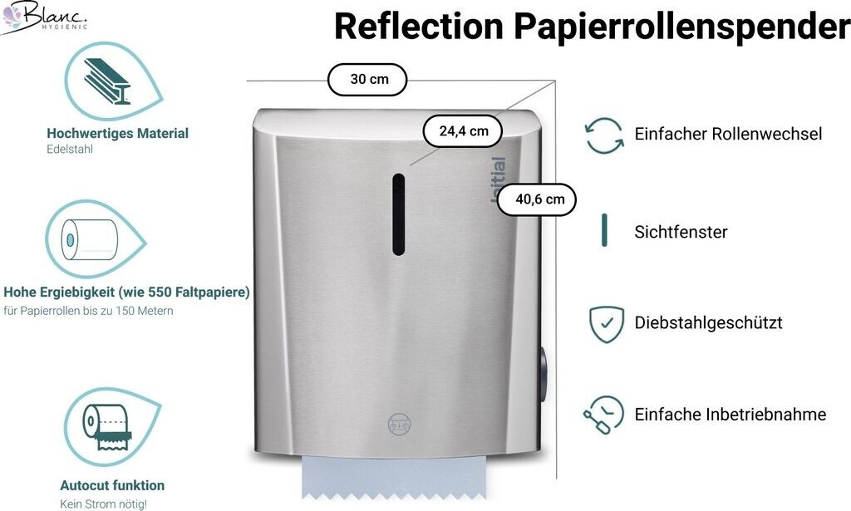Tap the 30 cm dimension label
point(368,80)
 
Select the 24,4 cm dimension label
point(463,130)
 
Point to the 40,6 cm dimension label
point(539,199)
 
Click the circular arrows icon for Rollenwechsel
point(604,135)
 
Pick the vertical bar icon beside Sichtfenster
point(604,230)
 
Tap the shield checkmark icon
point(606,324)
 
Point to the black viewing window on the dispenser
point(399,214)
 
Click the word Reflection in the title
point(418,27)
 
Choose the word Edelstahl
point(70,150)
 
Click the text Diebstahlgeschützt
point(708,323)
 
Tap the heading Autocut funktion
point(112,485)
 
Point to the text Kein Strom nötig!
point(103,504)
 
